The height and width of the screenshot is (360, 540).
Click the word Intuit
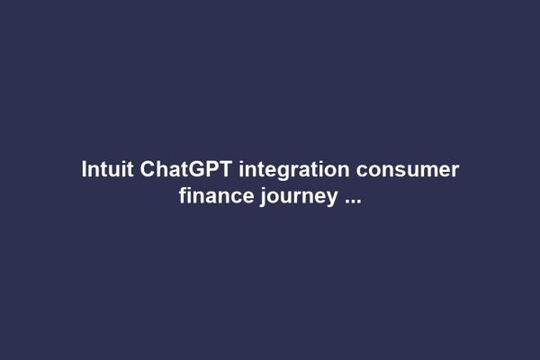(x=107, y=170)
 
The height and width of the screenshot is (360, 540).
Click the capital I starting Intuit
(x=85, y=170)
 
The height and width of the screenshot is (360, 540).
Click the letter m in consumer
(x=428, y=172)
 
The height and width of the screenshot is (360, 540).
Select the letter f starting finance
(x=183, y=197)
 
